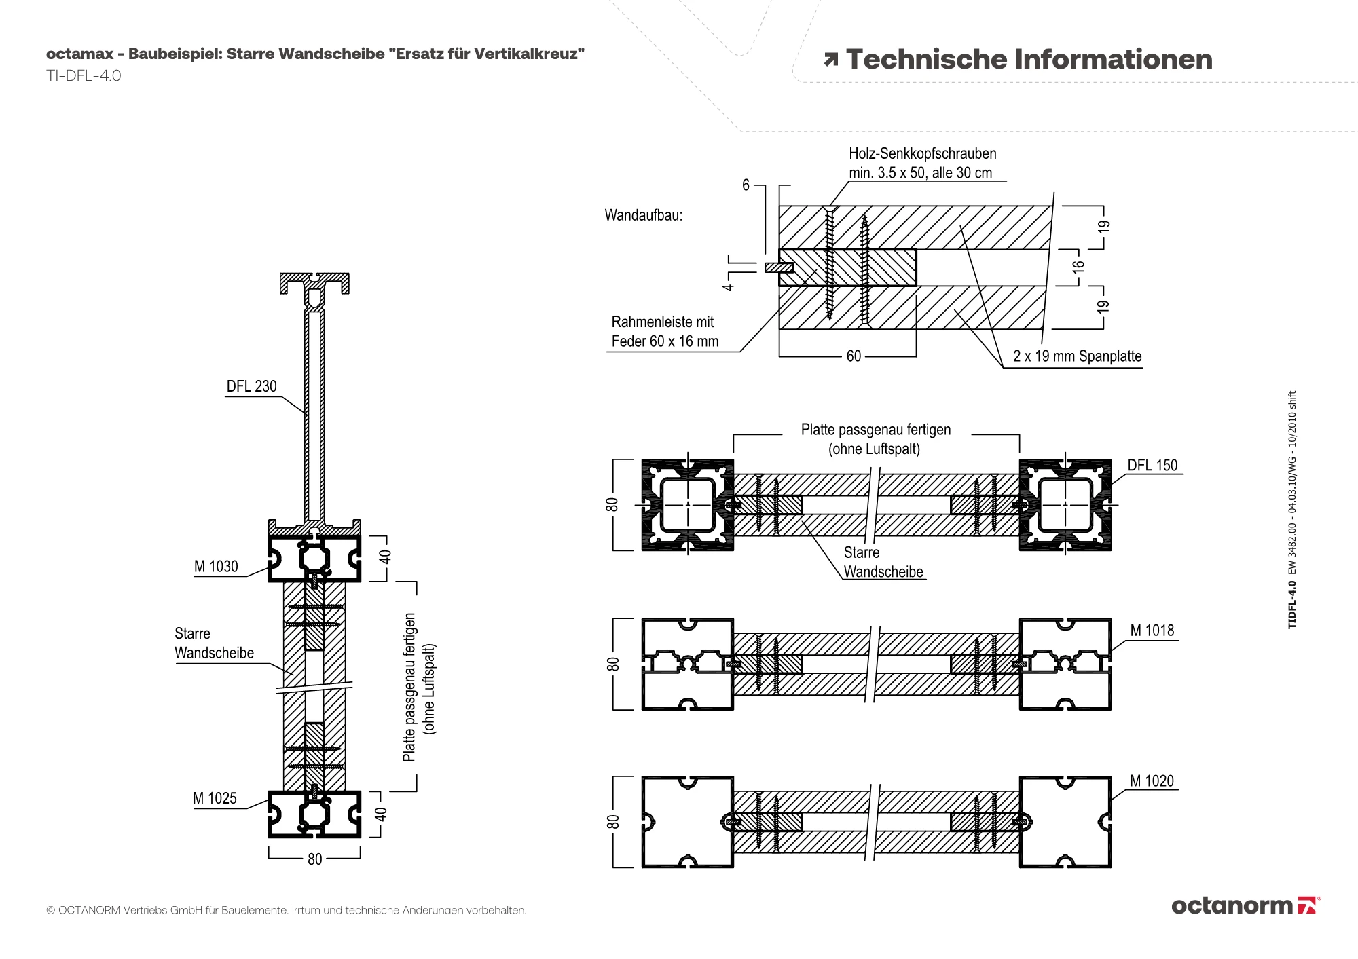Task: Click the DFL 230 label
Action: tap(251, 386)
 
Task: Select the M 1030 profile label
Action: tap(216, 567)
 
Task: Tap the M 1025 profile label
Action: tap(215, 798)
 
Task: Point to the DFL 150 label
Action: tap(1152, 466)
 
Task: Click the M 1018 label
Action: tap(1152, 631)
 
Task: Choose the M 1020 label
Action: tap(1152, 781)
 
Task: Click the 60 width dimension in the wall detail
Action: tap(854, 356)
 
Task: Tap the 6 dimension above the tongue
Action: tap(746, 185)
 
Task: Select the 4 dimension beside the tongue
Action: tap(728, 287)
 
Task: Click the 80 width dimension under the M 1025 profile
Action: tap(314, 859)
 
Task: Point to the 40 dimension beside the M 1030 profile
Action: tap(385, 557)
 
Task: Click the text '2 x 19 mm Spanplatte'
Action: tap(1077, 356)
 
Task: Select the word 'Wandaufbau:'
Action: tap(643, 216)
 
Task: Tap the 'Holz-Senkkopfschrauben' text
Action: tap(922, 154)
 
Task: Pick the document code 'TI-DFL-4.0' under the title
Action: tap(84, 76)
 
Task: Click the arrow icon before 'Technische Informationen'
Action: tap(830, 60)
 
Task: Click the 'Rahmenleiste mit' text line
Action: tap(662, 322)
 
